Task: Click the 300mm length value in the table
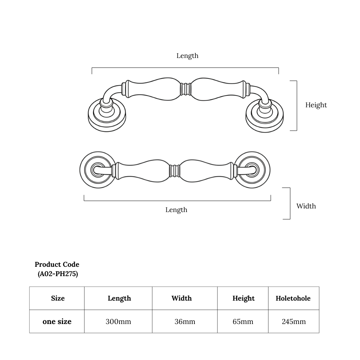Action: [118, 321]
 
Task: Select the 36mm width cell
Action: [185, 321]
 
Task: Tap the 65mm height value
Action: [243, 321]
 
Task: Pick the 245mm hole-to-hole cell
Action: [294, 321]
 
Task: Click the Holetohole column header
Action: [293, 298]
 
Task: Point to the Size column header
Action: [58, 298]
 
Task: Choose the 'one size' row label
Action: [57, 321]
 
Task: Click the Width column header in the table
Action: [181, 298]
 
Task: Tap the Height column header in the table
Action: [243, 298]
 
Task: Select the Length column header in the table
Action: [119, 298]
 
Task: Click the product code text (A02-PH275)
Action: [58, 274]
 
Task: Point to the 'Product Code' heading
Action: [57, 265]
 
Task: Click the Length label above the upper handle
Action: [187, 56]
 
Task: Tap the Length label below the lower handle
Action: [176, 210]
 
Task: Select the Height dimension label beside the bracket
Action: [316, 105]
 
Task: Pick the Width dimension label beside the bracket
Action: [306, 206]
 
